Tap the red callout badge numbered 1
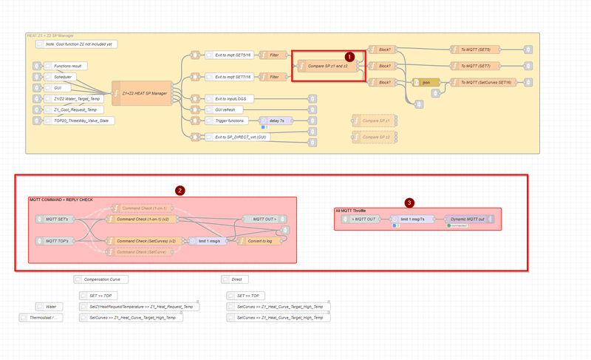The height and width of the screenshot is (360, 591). [x=350, y=55]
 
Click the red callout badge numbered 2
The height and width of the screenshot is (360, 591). [x=180, y=190]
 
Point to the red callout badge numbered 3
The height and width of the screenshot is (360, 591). [x=410, y=202]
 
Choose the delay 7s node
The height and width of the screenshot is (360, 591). [x=273, y=120]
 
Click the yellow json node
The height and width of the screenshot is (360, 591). [x=426, y=82]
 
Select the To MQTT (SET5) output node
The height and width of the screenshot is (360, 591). [x=475, y=50]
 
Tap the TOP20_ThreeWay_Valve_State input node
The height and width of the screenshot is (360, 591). [x=81, y=120]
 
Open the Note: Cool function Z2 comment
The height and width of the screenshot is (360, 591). [x=76, y=44]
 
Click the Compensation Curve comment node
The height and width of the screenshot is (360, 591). [x=101, y=279]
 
